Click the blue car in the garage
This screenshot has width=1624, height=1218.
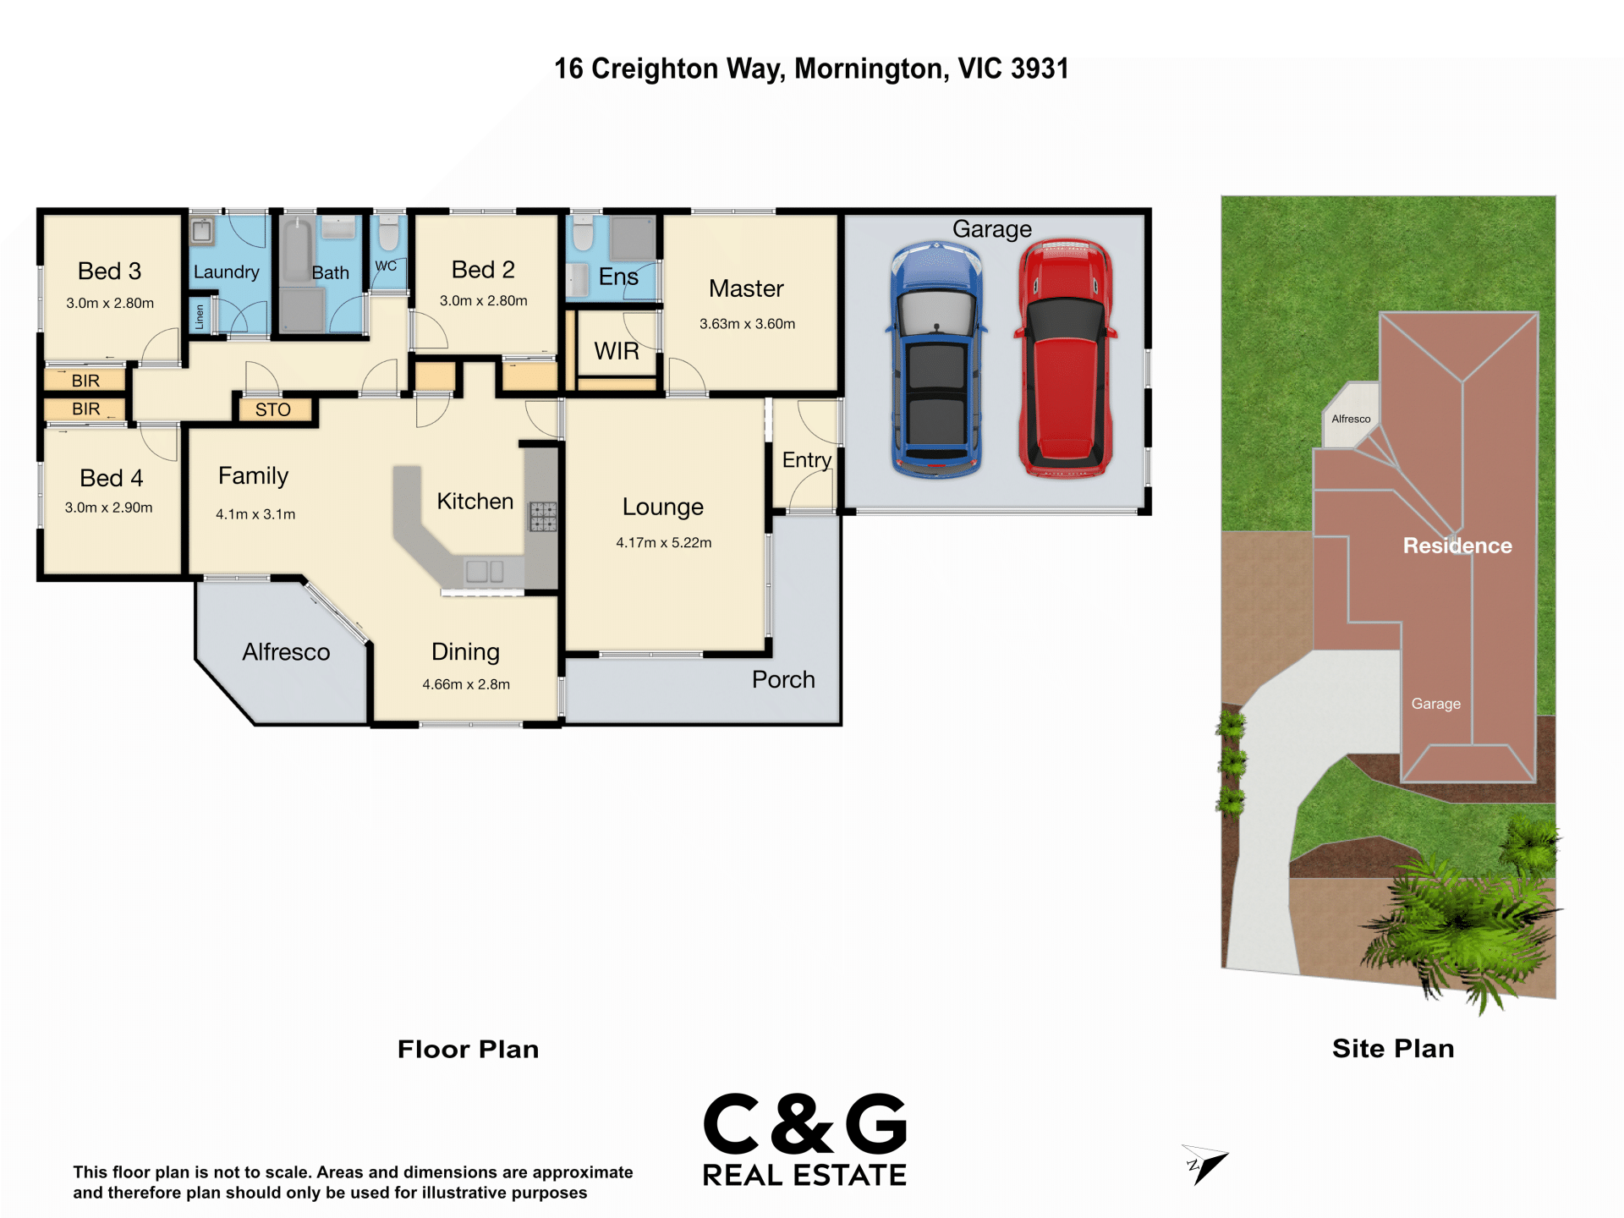[935, 359]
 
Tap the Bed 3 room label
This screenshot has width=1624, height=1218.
[109, 271]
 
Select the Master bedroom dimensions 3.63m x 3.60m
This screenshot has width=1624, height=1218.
[747, 324]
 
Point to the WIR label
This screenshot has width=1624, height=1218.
[617, 351]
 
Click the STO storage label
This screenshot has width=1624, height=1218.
[272, 410]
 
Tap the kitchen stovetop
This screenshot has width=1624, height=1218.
[543, 516]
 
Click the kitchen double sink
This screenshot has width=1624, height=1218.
[485, 571]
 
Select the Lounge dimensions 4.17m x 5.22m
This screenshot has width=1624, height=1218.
[664, 543]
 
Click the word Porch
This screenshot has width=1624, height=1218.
[783, 679]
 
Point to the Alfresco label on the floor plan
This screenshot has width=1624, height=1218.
[286, 652]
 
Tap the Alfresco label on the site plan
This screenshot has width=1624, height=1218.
[1351, 419]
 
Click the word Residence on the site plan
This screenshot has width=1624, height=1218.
[1457, 546]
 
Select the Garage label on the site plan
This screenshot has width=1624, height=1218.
[1435, 704]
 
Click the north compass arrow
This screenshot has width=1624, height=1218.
[1204, 1165]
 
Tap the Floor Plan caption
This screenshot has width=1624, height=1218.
[468, 1049]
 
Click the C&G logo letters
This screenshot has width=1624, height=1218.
[804, 1124]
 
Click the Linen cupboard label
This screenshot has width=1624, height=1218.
[200, 317]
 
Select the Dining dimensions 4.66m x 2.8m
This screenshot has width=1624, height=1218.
[466, 684]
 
